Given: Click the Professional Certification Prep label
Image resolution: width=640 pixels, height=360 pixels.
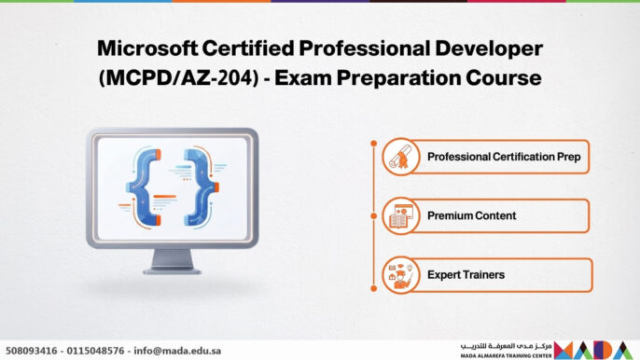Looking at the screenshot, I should (504, 157).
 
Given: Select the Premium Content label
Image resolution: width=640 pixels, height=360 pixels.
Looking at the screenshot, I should (472, 215).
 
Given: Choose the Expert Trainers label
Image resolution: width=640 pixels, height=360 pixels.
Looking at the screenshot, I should (466, 275).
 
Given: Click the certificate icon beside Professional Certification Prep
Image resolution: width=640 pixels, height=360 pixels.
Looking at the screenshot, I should (401, 157).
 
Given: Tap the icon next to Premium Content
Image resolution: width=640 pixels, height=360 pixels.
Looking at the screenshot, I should (401, 215).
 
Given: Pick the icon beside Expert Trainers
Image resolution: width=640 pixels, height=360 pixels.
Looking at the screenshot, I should (401, 275).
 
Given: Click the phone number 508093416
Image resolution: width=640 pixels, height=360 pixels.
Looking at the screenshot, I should (32, 351).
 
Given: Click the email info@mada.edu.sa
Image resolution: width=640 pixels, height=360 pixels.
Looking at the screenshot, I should (182, 351).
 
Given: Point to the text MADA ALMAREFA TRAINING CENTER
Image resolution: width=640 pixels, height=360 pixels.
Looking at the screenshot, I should (506, 355).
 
